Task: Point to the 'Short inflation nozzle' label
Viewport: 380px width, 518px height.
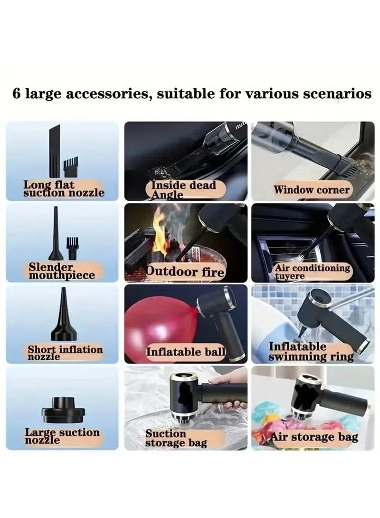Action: (65, 352)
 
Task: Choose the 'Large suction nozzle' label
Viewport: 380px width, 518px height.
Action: (62, 436)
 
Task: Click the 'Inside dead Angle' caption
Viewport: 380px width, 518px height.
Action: (183, 190)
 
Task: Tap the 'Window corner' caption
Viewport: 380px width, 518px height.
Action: (311, 190)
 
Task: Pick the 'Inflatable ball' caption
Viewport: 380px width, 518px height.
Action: (185, 352)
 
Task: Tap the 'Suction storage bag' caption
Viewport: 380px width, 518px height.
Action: (176, 438)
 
